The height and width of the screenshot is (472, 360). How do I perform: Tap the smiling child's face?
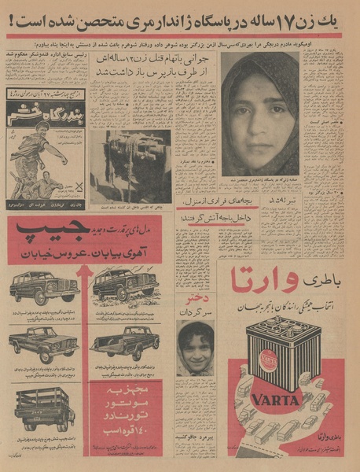195,347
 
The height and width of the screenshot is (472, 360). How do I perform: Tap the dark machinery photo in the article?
129,166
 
